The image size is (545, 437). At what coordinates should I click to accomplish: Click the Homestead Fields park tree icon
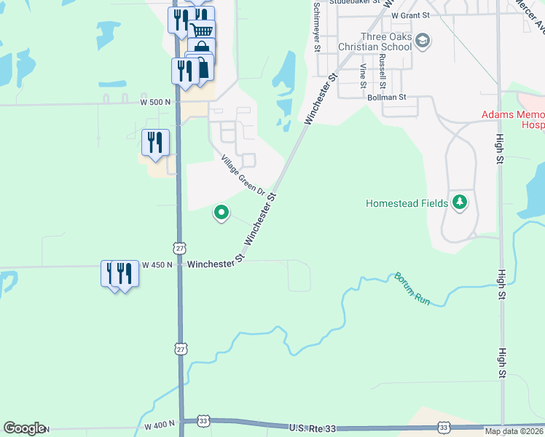tap(459, 202)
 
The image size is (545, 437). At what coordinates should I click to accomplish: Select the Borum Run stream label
tap(413, 288)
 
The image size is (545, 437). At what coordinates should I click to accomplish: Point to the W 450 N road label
tap(157, 264)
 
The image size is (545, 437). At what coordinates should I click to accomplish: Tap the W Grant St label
tap(410, 15)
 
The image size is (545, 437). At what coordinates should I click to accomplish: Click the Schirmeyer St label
tap(317, 26)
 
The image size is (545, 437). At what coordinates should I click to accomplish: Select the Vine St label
tap(363, 76)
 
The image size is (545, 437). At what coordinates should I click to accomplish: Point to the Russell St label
tap(382, 69)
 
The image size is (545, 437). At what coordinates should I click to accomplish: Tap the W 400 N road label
tap(159, 424)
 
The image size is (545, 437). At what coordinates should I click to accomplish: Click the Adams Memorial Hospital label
tap(513, 120)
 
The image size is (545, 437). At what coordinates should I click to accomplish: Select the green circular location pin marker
tap(221, 213)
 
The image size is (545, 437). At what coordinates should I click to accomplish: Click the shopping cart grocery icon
tap(202, 30)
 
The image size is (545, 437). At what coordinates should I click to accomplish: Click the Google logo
tap(23, 428)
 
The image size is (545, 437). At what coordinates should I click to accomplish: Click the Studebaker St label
tap(355, 2)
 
